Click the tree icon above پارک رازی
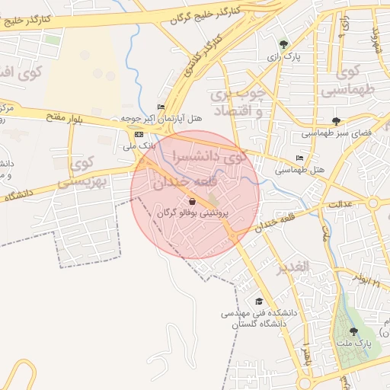click(x=284, y=45)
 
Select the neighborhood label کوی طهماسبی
click(x=350, y=82)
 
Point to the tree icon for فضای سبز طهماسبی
click(x=337, y=121)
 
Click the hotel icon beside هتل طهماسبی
click(x=299, y=158)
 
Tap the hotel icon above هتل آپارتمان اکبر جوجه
click(x=161, y=107)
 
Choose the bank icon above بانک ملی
click(x=138, y=134)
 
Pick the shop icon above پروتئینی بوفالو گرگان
click(x=191, y=203)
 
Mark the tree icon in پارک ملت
click(x=353, y=331)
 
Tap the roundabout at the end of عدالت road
click(x=373, y=203)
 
